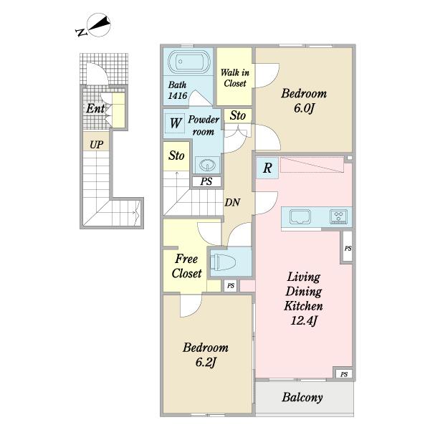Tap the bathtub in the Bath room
coord(189,62)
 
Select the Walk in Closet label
coord(235,78)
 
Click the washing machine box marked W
coord(176,123)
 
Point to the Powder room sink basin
coord(207,165)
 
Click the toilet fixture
coord(223,262)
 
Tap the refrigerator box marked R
coord(267,168)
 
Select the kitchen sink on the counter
coord(300,216)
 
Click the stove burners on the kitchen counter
coord(339,216)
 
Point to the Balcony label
coord(302,397)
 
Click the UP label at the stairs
coord(97,145)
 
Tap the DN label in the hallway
coord(232,202)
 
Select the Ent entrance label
coord(95,108)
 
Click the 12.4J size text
coord(304,320)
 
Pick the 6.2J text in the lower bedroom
coord(206,362)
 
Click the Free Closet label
coord(187,266)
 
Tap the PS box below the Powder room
coord(206,181)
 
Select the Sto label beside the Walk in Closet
coord(237,115)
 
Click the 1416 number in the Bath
coord(178,96)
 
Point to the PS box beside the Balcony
coord(344,374)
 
